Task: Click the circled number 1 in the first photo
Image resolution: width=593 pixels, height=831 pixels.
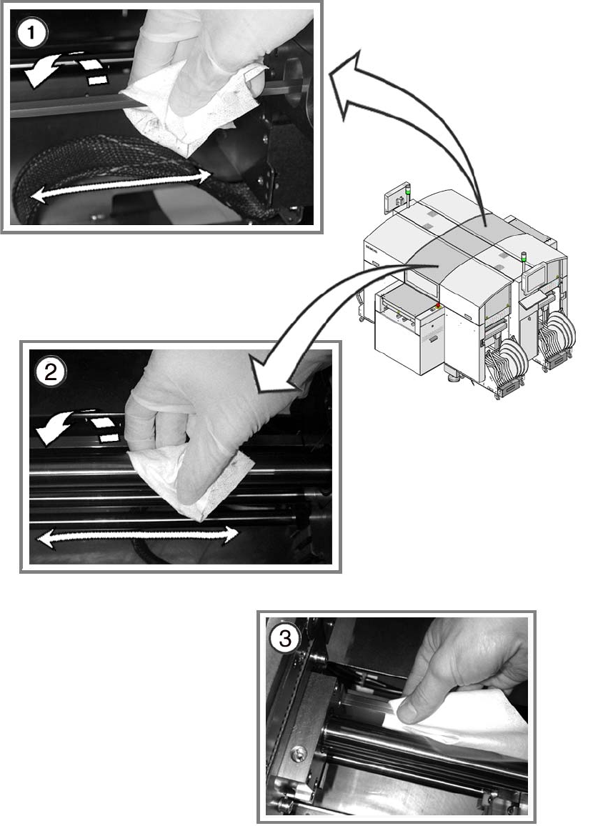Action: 31,34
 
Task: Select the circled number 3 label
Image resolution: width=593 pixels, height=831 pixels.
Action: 285,638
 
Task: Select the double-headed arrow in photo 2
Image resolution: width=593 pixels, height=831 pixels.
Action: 136,537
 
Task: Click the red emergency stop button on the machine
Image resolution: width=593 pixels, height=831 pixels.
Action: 438,304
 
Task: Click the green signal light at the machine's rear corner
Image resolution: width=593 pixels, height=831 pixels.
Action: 408,189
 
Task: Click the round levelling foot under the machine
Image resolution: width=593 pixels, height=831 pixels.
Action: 454,378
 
